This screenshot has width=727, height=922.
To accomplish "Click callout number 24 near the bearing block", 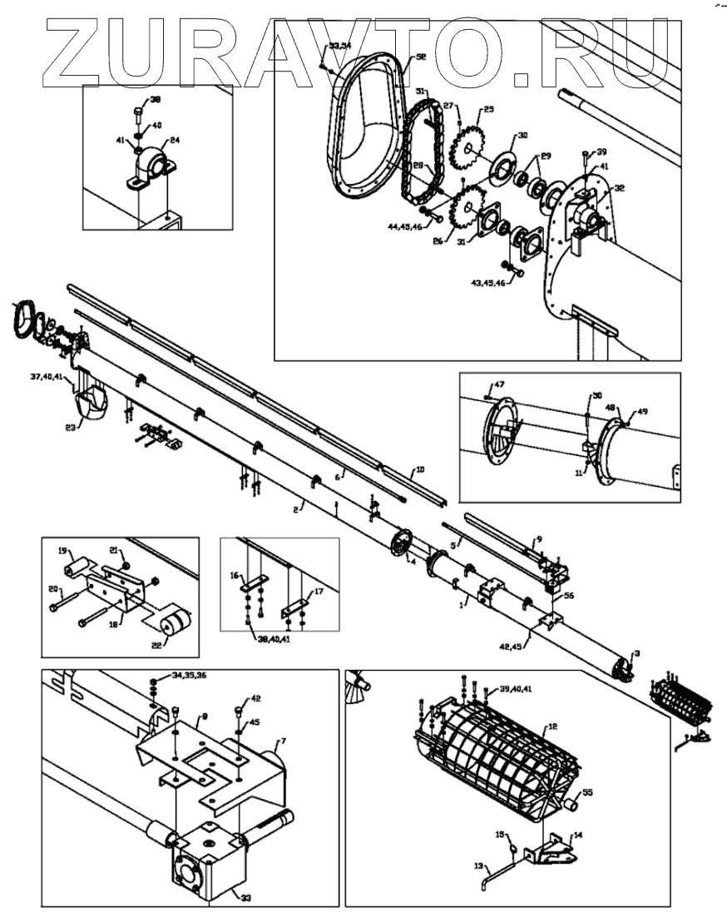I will point(175,140).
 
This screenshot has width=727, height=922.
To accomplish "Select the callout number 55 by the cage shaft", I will point(588,792).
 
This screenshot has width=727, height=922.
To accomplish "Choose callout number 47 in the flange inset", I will point(499,384).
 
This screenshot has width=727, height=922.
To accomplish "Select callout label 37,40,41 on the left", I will point(46,376).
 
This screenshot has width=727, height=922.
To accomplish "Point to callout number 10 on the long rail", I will point(420,470).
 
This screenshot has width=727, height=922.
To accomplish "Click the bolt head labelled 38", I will point(138,111).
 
